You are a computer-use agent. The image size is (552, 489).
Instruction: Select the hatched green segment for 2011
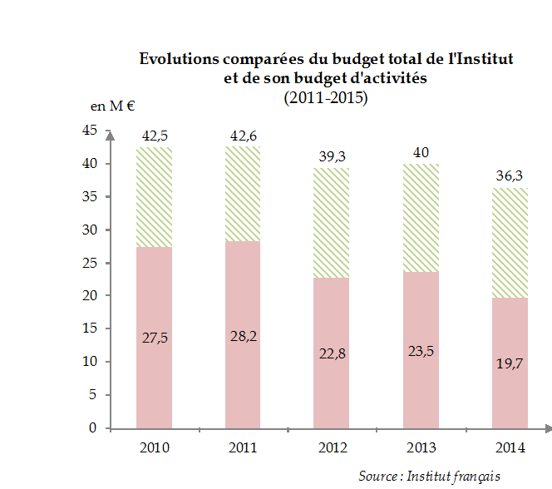pyautogui.click(x=243, y=194)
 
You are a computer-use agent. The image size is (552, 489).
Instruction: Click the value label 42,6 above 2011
pyautogui.click(x=243, y=136)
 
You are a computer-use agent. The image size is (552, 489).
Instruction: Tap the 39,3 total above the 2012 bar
pyautogui.click(x=333, y=156)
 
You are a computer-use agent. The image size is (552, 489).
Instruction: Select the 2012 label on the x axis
pyautogui.click(x=333, y=448)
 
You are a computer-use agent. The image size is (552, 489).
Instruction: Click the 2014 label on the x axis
pyautogui.click(x=510, y=448)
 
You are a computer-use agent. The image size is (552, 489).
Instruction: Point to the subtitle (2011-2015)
pyautogui.click(x=325, y=98)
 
